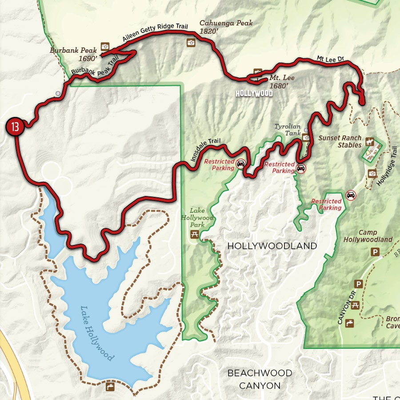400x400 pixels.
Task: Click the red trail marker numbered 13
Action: coord(15,128)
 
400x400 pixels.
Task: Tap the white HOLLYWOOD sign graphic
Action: coord(254,94)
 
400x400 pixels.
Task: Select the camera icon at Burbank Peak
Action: coord(105,46)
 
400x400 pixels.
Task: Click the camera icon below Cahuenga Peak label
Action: coord(191,43)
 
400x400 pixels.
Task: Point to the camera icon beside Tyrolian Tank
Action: coord(306,138)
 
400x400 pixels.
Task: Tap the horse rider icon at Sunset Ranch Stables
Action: coord(369,142)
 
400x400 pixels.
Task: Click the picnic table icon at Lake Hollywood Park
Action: coord(195,234)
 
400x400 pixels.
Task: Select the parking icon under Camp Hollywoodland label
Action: coord(375,252)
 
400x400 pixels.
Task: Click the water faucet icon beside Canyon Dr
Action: coord(350,323)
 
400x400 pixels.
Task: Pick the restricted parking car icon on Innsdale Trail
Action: coord(240,164)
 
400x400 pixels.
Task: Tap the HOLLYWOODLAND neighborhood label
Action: coord(272,246)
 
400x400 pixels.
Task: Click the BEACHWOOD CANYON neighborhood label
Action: coord(260,379)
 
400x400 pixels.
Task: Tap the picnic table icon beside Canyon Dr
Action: coord(355,305)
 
